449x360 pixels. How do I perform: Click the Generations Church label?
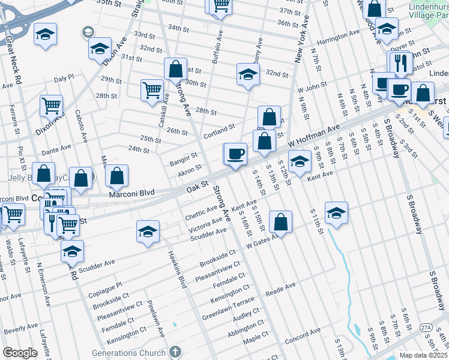128,352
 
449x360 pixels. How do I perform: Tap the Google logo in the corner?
20,353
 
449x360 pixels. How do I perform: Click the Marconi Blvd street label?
131,193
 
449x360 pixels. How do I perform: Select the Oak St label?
196,188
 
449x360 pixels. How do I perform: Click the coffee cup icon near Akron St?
235,154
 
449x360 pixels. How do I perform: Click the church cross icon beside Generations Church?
175,352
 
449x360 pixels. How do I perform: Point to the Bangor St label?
183,159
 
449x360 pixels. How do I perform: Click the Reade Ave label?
281,290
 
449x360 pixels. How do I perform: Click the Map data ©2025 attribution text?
423,355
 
